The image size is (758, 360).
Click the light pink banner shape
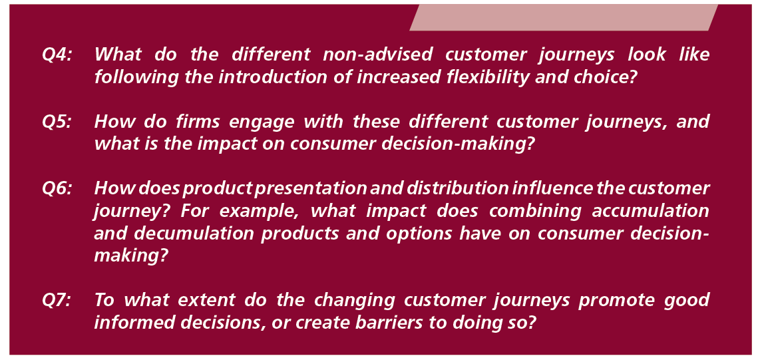pyautogui.click(x=564, y=18)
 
